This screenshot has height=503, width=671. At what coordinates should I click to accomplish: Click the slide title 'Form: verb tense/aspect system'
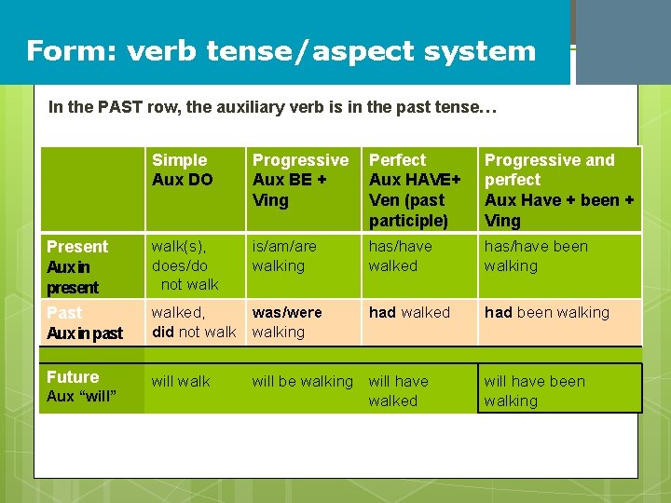click(x=281, y=50)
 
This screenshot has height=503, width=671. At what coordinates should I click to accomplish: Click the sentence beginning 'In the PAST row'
click(x=272, y=107)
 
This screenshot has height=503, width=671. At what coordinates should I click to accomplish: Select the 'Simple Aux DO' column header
click(x=183, y=170)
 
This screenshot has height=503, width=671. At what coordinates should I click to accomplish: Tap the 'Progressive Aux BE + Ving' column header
click(x=300, y=180)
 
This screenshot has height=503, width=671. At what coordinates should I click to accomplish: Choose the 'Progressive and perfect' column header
click(x=559, y=190)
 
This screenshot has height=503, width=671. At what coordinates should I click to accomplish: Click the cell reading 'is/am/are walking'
click(x=285, y=256)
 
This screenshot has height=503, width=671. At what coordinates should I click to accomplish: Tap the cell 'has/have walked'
click(x=401, y=256)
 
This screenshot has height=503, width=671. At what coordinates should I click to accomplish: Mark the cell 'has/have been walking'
click(x=535, y=256)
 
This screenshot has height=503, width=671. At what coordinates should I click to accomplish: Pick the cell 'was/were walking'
click(x=287, y=322)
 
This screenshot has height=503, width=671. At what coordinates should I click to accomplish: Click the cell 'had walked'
click(x=409, y=313)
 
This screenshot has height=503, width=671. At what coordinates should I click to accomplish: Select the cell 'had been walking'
click(x=546, y=313)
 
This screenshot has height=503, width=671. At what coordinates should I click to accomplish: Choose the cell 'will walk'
click(x=181, y=381)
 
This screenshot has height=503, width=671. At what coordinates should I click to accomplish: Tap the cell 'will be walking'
click(x=303, y=381)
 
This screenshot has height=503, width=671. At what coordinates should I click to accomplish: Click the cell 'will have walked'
click(x=399, y=390)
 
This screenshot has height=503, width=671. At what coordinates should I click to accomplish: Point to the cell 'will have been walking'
click(x=535, y=390)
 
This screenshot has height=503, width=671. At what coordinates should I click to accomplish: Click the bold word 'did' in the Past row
click(x=163, y=333)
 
